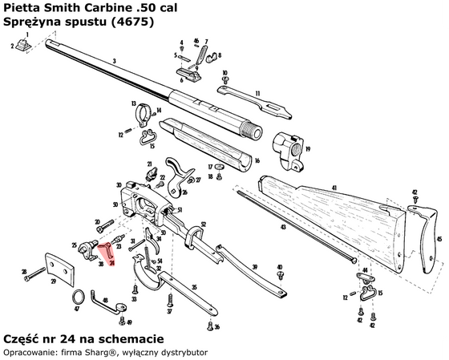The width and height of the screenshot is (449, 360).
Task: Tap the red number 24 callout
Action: click(x=112, y=263)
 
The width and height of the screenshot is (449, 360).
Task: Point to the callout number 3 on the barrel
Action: click(x=115, y=61)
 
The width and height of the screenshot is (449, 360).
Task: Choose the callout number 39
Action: click(x=254, y=267)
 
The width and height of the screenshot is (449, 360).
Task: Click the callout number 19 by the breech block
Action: click(x=301, y=149)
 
